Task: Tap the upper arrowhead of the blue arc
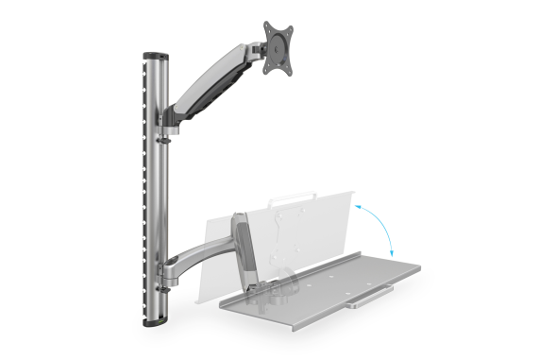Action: tap(358, 201)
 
